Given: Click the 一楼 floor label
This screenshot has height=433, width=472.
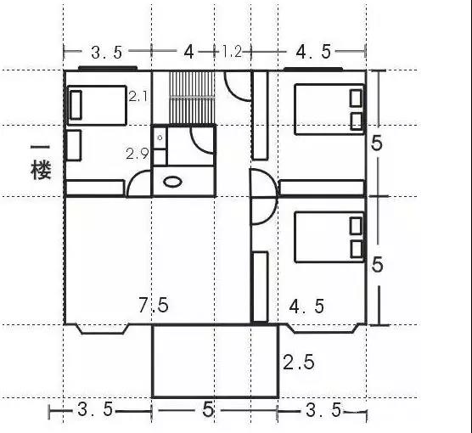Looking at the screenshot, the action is tap(41, 162).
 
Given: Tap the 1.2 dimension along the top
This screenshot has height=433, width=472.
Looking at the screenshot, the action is tap(232, 52).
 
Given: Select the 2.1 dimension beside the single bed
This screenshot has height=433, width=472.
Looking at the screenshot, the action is tap(138, 97).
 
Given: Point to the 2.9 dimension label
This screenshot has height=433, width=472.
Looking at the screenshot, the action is tap(137, 154).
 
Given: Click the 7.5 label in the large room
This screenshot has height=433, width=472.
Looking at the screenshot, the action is tap(154, 305).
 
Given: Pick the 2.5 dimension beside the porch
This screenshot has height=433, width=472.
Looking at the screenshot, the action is tap(299, 362).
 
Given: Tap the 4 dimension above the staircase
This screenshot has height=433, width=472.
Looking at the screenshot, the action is tap(188, 53).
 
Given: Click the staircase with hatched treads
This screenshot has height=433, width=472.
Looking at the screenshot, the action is tap(192, 98).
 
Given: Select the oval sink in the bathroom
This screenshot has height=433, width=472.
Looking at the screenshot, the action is tap(172, 182).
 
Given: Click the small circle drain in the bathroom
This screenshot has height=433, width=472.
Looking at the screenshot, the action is tap(160, 138).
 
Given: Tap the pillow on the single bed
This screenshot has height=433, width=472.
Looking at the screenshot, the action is tap(76, 105).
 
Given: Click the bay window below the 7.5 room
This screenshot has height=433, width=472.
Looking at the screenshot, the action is tap(103, 329).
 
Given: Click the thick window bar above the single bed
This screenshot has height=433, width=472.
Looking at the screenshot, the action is tap(108, 69).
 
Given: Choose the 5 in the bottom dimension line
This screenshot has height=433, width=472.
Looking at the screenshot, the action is tap(208, 410).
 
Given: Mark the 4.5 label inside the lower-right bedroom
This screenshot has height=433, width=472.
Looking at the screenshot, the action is tap(306, 306).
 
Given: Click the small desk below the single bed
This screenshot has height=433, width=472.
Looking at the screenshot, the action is tap(74, 145).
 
